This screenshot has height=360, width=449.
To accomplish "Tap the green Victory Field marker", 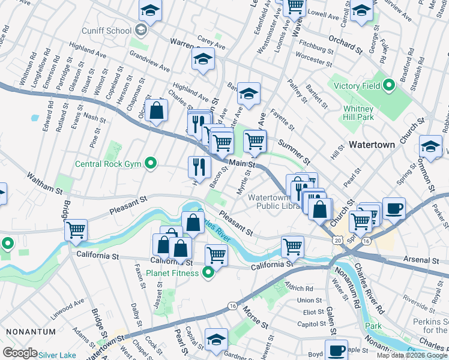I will coord(389,86).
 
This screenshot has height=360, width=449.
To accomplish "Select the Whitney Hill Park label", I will coord(359,113).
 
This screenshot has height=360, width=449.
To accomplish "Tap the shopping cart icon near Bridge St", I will coord(76,230).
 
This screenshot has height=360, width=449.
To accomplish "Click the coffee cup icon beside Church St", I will coord(394,208).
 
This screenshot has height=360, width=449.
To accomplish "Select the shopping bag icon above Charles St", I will coord(156,110).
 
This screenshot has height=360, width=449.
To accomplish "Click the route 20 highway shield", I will coord(337,239).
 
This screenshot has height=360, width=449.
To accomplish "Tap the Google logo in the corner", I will coord(20,353).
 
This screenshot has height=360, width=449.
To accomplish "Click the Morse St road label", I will coord(256,316).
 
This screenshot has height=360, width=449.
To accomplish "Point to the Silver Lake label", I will coord(57,355).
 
